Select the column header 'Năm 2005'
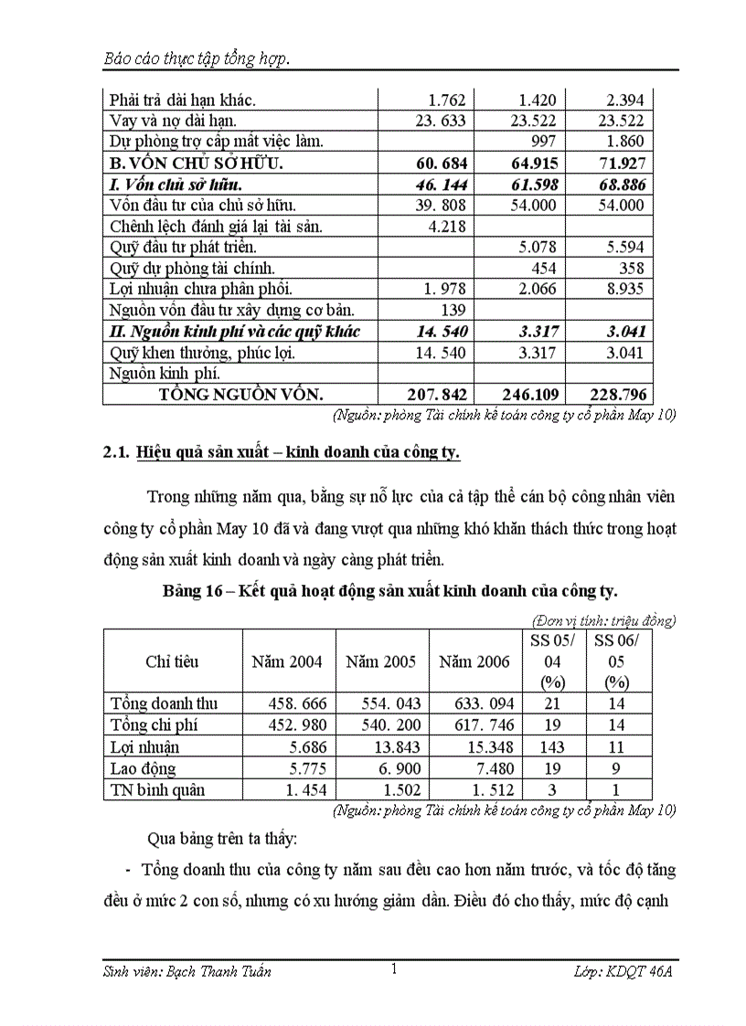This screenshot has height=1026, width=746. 380,661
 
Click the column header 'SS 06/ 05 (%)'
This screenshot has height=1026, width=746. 617,661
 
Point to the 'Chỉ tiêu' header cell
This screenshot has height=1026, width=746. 172,661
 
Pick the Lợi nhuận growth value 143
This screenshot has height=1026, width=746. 552,746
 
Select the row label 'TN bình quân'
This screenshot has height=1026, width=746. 157,789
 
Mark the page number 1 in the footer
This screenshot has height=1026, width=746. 393,968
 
